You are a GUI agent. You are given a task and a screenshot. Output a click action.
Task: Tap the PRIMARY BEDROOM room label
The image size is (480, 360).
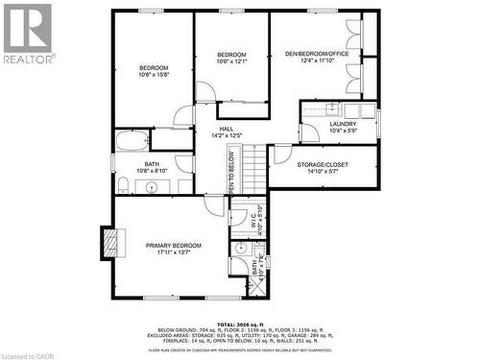coord(174,246)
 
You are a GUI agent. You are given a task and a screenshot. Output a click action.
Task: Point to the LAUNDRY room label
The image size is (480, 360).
coord(343,124)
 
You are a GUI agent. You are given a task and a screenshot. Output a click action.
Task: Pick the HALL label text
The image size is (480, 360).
coord(227,129)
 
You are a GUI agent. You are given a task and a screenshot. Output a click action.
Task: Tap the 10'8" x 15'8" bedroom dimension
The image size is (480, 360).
coord(154,75)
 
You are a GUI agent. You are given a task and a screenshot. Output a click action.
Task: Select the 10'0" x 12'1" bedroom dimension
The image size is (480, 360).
coord(231,61)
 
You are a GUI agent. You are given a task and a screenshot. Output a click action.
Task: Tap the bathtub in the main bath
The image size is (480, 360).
coord(132,142)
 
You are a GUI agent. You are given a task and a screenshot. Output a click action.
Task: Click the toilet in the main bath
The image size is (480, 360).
coord(124,183)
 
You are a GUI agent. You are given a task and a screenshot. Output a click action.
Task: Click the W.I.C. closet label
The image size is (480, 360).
coord(249,217)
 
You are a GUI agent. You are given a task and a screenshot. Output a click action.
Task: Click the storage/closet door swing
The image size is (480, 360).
coord(282,154)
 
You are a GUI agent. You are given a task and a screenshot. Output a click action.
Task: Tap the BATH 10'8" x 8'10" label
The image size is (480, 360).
coord(153,167)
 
